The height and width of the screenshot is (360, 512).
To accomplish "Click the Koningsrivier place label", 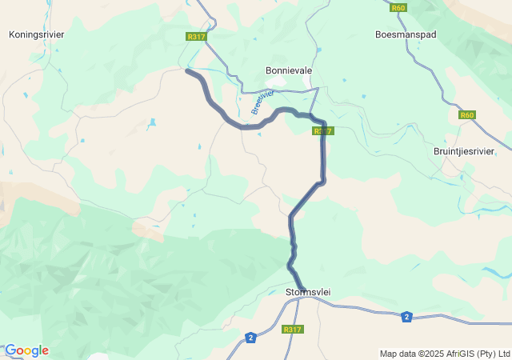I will point(36,34).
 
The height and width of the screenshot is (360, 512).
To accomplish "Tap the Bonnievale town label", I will point(289,70).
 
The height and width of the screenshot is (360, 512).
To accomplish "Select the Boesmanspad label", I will point(406,34).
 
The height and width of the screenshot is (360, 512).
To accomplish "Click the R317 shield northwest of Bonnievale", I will point(195,37).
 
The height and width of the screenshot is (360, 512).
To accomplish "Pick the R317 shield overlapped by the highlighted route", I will point(322,130).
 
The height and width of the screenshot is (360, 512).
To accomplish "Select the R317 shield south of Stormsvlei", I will point(293,329).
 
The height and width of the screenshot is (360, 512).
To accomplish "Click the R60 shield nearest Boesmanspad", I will point(399,8).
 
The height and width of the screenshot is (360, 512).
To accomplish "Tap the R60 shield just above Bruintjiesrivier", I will point(467,115).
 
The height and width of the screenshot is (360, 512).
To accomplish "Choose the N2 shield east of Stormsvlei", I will point(407,316).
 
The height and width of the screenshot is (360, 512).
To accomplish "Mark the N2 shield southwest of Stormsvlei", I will point(251,337).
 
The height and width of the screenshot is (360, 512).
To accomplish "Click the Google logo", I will point(26,350).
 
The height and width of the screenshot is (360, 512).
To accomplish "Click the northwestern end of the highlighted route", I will point(187,71).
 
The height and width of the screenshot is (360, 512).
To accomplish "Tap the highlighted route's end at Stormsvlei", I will point(303,289).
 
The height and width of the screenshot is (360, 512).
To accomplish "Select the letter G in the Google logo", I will point(10,350).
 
